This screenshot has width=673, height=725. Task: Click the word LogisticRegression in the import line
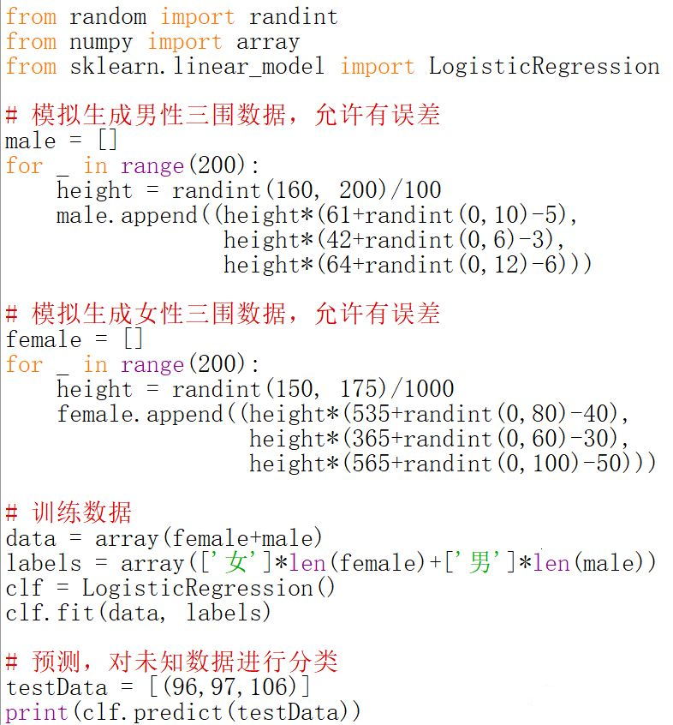point(544,66)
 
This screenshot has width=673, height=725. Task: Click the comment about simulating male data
point(223,115)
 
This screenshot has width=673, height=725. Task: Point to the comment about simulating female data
point(223,314)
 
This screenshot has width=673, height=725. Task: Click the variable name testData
point(57,687)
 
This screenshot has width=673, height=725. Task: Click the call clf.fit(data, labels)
point(138,613)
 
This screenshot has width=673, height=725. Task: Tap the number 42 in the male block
point(340,240)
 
